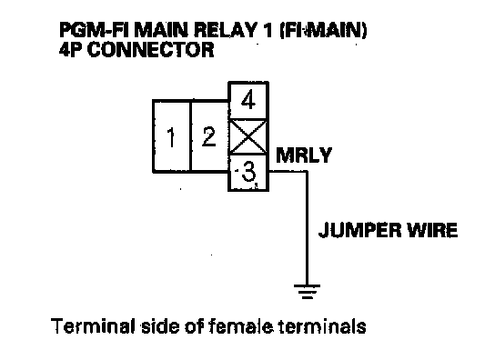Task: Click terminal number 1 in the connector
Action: pos(172,136)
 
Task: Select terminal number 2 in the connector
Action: pos(209,136)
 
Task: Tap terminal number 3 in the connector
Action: pos(248,172)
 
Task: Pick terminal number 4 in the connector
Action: pos(248,101)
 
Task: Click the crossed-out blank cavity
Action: pos(248,137)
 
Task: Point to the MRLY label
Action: pos(304,155)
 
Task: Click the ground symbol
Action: pos(307,292)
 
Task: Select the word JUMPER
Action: pos(360,230)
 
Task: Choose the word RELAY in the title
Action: pos(225,31)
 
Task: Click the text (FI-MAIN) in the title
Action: pos(324,31)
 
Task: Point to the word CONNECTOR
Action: pos(150,50)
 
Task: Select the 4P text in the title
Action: pos(71,50)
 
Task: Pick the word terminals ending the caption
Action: pos(323,326)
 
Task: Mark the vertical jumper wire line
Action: pos(307,228)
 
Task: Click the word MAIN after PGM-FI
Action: pos(163,31)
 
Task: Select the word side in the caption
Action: pos(159,326)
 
